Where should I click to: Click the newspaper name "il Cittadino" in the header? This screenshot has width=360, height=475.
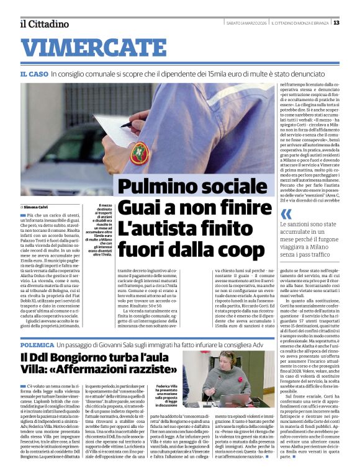pyautogui.click(x=44, y=24)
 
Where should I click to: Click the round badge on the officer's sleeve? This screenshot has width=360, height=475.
pyautogui.click(x=140, y=153)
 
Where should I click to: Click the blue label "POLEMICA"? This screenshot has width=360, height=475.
pyautogui.click(x=37, y=343)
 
